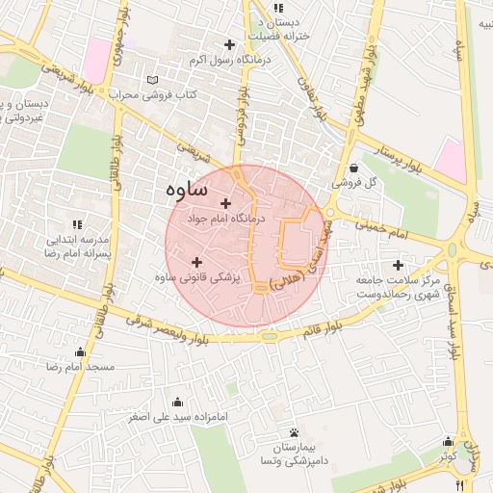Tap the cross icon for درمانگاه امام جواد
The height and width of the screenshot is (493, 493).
click(x=226, y=203)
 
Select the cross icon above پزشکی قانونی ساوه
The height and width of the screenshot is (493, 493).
click(x=196, y=262)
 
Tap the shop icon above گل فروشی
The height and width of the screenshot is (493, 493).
click(x=353, y=167)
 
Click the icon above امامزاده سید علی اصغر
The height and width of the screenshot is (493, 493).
click(x=176, y=402)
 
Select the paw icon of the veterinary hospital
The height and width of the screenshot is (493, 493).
click(x=293, y=432)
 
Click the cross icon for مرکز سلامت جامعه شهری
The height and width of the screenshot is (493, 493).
click(x=398, y=265)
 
